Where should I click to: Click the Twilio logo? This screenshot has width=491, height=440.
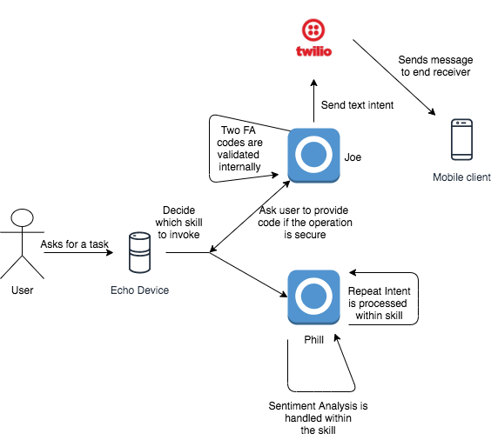coord(313,38)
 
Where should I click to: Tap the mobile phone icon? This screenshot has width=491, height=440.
coord(461,139)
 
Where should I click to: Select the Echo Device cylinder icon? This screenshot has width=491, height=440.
coord(139,252)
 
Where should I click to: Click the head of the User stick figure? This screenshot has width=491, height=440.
coord(23,217)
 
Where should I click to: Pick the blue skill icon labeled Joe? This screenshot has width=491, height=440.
coord(313,155)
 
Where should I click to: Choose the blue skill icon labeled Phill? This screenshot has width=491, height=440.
coord(313,297)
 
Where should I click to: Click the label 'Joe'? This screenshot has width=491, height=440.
coord(353,157)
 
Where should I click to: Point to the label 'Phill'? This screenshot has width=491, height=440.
coord(313,340)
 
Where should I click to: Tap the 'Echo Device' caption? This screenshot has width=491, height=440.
coord(139,290)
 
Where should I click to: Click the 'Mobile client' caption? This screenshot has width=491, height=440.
coord(462,177)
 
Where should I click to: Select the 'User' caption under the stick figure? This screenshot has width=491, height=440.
coord(23,290)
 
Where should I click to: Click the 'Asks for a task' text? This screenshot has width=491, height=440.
coord(75,244)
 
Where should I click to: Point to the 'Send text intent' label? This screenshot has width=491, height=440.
coord(357,105)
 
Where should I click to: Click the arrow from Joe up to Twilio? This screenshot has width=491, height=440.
coord(313,101)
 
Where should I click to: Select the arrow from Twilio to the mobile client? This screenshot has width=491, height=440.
coord(393,77)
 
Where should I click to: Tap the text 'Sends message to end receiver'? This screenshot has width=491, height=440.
coord(435,66)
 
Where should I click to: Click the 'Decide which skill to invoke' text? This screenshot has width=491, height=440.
coord(178,223)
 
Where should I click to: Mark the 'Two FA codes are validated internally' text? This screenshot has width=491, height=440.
coord(239,148)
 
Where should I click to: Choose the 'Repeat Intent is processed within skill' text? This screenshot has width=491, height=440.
coord(379,303)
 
